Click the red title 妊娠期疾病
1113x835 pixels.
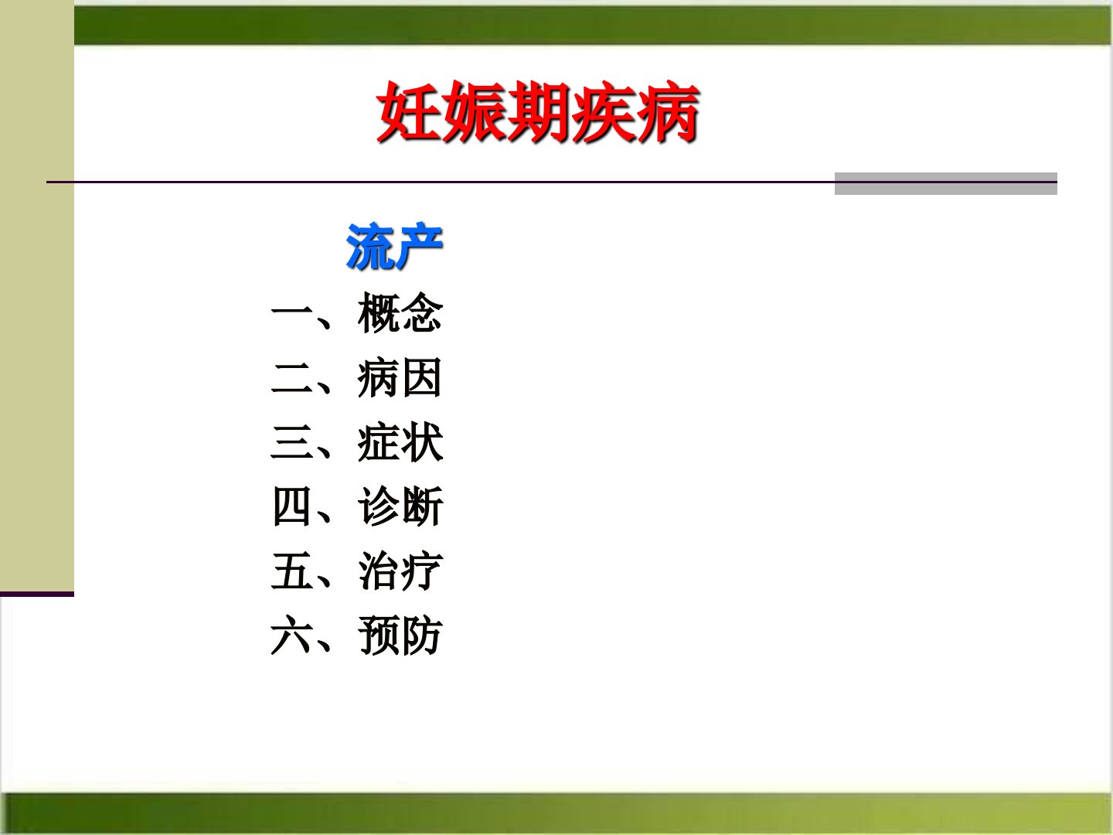[x=538, y=111]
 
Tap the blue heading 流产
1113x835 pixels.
[x=394, y=246]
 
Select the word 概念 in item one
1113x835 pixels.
[x=400, y=313]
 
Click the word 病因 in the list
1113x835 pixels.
[x=400, y=378]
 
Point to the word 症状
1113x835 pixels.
[x=400, y=442]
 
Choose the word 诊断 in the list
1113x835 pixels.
[x=400, y=506]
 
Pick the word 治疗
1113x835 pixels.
[x=400, y=571]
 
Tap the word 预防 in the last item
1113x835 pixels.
[x=400, y=636]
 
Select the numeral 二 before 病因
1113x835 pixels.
[x=291, y=378]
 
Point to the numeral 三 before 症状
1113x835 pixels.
[x=291, y=442]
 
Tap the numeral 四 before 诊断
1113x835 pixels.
[x=291, y=506]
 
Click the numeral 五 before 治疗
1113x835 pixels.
[x=291, y=571]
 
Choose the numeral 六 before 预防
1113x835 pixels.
[x=291, y=635]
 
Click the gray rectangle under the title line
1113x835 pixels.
[x=946, y=183]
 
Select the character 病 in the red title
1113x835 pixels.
[x=669, y=111]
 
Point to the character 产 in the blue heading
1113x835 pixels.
[x=419, y=246]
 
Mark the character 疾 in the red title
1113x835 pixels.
[x=604, y=111]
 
